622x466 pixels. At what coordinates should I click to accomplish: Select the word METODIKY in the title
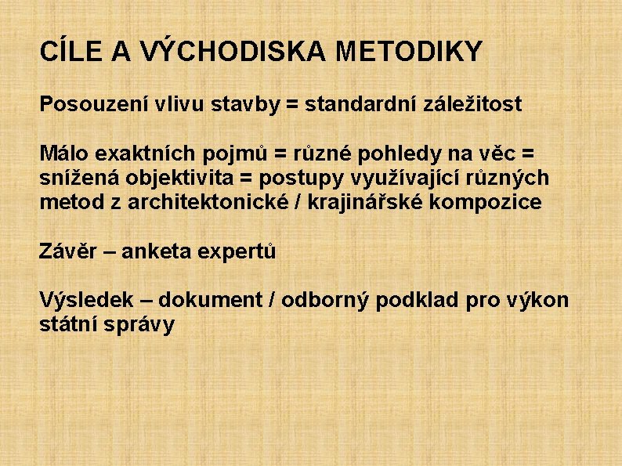pyautogui.click(x=409, y=52)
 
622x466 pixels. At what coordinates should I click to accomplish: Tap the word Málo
pyautogui.click(x=64, y=154)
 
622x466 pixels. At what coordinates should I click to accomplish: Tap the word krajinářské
pyautogui.click(x=368, y=202)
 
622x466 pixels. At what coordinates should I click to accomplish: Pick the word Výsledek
pyautogui.click(x=86, y=300)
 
